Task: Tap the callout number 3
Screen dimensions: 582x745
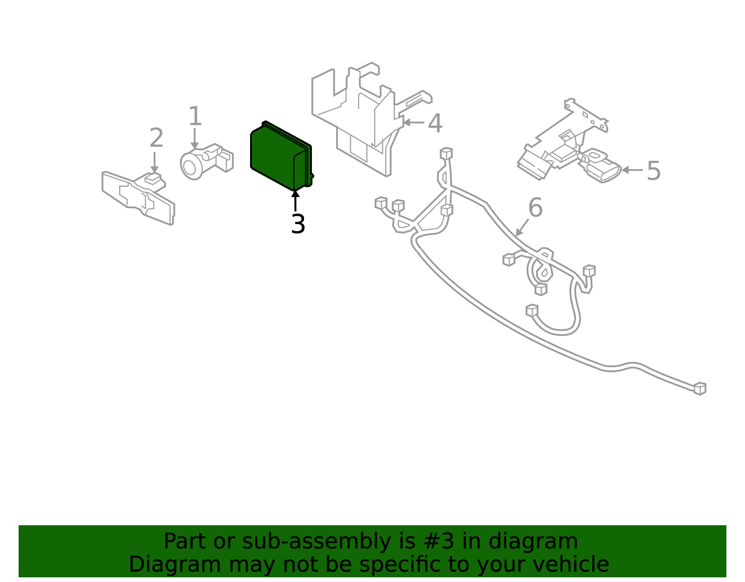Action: tap(298, 225)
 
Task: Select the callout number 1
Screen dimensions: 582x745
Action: tap(195, 116)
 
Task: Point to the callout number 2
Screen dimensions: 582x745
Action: tap(156, 138)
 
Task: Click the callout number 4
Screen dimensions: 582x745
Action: tap(435, 123)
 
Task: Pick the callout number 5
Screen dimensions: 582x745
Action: tap(654, 171)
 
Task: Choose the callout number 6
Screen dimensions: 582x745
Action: tap(535, 208)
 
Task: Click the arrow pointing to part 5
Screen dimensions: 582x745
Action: tap(631, 170)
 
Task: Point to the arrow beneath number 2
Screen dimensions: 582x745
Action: tap(155, 163)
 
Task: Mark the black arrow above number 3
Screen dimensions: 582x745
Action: tap(295, 200)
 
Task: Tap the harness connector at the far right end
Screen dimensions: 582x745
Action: tap(700, 389)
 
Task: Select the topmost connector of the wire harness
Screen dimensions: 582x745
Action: tap(446, 153)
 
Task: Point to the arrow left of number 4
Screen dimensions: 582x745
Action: tap(413, 123)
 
